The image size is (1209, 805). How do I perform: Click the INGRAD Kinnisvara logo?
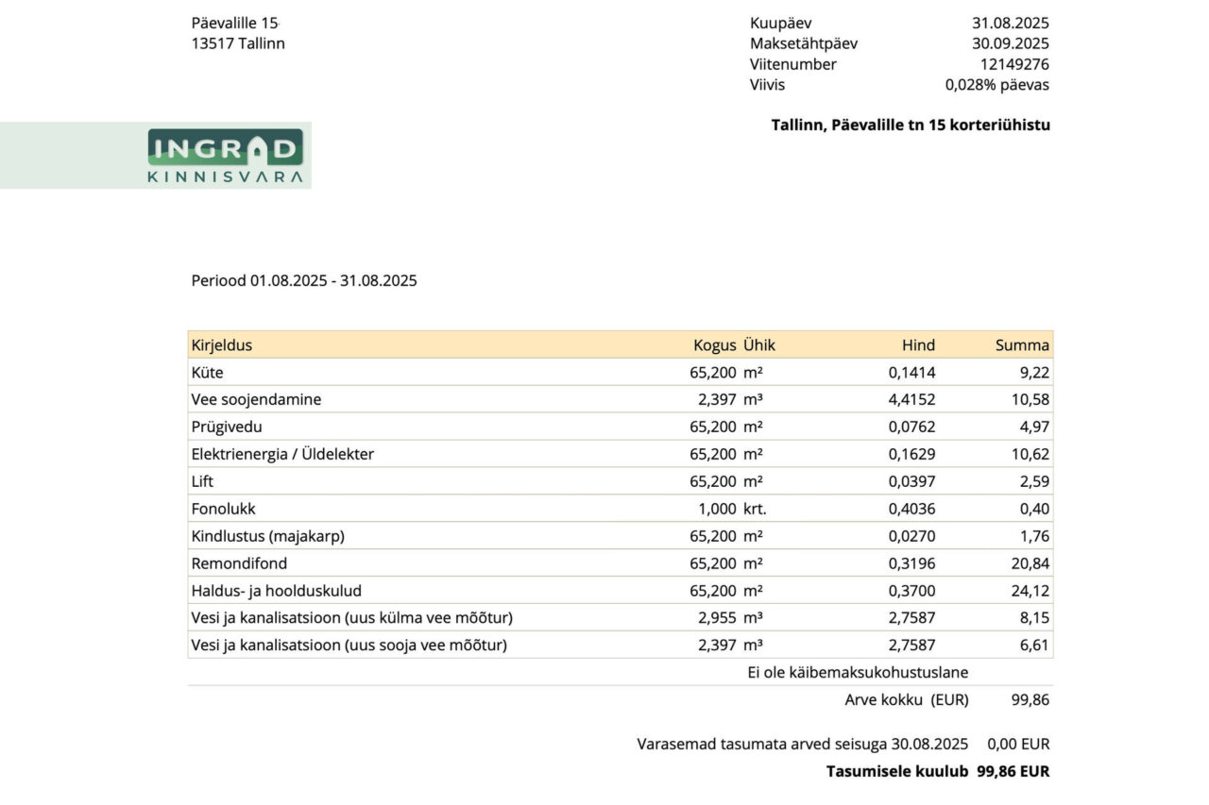point(225,156)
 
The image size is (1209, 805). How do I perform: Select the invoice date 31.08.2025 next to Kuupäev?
point(1010,24)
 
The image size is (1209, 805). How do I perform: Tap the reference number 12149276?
point(1014,64)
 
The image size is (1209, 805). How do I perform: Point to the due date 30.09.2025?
point(1010,43)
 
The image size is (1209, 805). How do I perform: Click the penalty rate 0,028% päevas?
point(996,85)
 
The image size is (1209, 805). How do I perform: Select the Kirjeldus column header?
point(221,345)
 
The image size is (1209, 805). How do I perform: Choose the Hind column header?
point(918,345)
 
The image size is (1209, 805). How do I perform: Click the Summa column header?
point(1022,345)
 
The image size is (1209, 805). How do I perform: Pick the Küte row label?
point(208,373)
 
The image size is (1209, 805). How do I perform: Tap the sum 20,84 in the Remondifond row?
point(1029,563)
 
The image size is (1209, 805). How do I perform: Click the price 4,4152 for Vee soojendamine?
point(911,400)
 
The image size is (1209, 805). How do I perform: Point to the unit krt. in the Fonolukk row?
point(755,509)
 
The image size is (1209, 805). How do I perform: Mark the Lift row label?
point(202,481)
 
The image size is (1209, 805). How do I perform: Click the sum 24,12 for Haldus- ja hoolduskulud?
point(1029,591)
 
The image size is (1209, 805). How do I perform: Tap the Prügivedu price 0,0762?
point(911,427)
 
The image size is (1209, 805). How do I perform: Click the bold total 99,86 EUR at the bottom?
point(1013,771)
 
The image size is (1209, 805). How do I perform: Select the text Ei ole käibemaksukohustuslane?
point(858,673)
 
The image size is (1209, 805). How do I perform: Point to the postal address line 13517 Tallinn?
point(238,43)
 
